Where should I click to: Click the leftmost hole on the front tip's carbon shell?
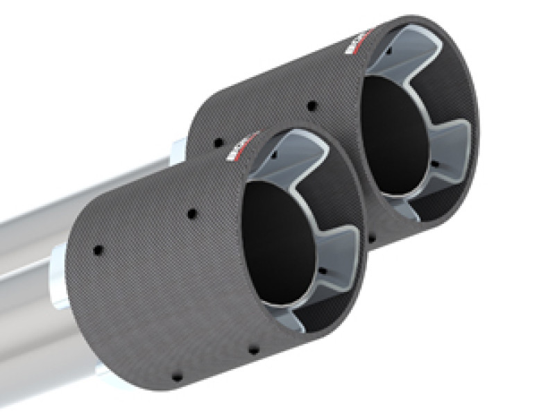[x=98, y=248]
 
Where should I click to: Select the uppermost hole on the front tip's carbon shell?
[x=190, y=213]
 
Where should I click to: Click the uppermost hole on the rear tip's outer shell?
[x=311, y=105]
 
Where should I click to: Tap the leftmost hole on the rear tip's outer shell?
[x=219, y=142]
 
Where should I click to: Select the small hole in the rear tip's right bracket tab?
[x=434, y=164]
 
